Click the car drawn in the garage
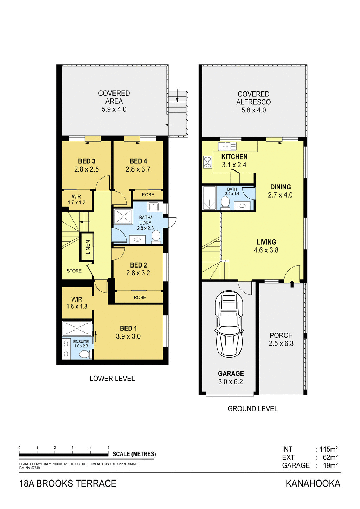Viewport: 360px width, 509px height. tap(229, 324)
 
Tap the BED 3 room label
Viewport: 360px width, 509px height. tap(86, 161)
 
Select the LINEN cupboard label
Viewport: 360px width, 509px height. tap(88, 247)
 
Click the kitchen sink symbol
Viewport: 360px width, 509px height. tap(227, 146)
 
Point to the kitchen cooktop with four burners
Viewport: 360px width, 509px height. tap(208, 162)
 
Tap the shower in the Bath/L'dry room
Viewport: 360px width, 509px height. tap(123, 217)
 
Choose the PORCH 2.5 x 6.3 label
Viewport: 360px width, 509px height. tap(281, 340)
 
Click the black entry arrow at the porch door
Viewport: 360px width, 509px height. tap(292, 284)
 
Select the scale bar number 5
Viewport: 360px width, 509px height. tap(108, 447)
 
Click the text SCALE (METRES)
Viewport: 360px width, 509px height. tap(134, 454)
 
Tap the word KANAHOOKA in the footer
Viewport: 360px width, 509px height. tap(313, 484)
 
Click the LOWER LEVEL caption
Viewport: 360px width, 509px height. tap(112, 379)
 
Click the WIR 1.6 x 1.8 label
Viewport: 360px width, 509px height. tap(77, 303)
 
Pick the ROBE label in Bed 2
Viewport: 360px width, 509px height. tap(140, 297)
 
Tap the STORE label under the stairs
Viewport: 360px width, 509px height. tap(74, 271)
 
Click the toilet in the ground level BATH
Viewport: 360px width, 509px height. tap(225, 203)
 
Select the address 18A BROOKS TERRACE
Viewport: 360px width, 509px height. tap(68, 484)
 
